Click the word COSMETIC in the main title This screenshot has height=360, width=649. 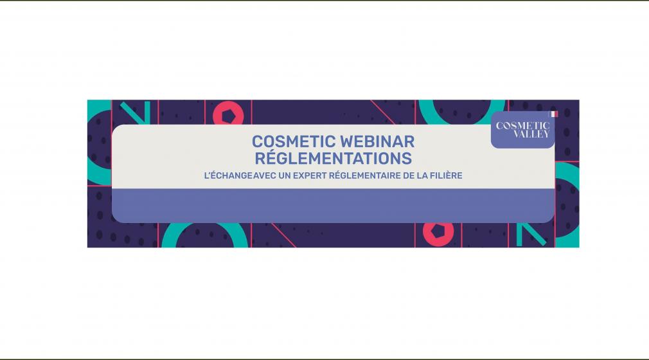point(291,141)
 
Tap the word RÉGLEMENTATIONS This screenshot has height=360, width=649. point(332,157)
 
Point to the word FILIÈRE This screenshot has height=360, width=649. point(443,175)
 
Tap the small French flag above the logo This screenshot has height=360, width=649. point(553,114)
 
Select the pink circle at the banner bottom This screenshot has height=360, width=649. point(438,232)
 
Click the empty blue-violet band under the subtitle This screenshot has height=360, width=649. point(332,206)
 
